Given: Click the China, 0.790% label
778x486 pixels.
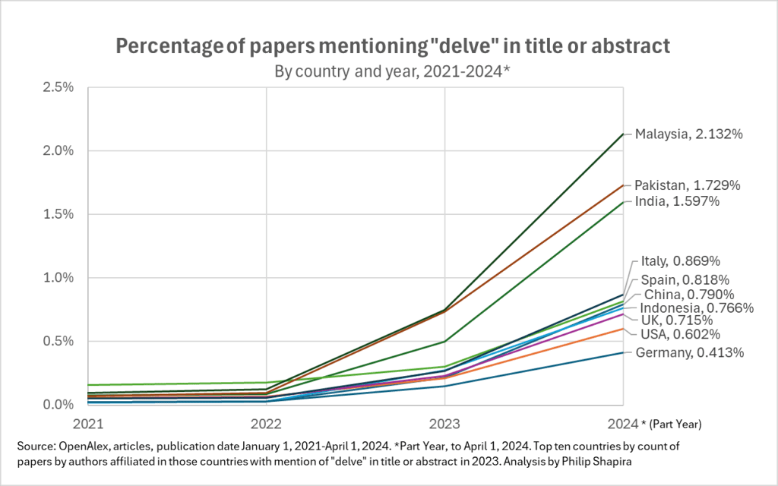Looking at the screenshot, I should pyautogui.click(x=689, y=294).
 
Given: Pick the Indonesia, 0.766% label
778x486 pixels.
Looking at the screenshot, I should pyautogui.click(x=697, y=308).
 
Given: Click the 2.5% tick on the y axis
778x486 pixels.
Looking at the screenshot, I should pyautogui.click(x=58, y=87).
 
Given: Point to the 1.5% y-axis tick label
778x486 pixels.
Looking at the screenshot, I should pyautogui.click(x=58, y=214).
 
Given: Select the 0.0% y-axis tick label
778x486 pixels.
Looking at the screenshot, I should pyautogui.click(x=58, y=405).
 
